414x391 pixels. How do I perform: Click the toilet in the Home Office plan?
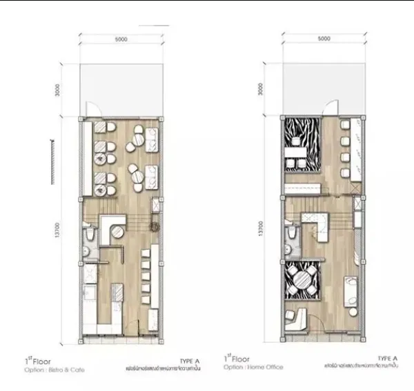coord(289,237)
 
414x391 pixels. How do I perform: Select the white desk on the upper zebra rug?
coord(298,150)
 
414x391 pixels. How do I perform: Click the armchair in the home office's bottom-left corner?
coord(295,315)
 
